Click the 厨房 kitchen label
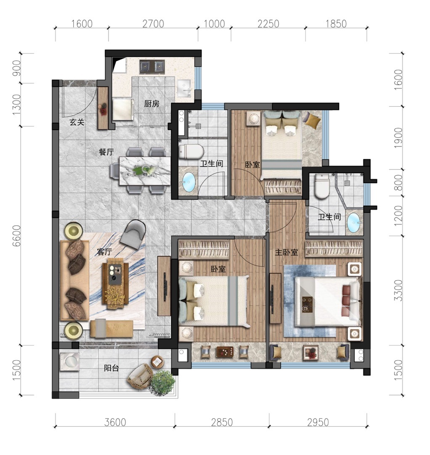tap(152, 104)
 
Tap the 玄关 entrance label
tap(77, 122)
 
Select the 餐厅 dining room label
tap(106, 152)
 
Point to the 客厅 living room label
tap(104, 252)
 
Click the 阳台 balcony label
tap(111, 368)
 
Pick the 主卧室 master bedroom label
tap(286, 252)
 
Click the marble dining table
tap(145, 171)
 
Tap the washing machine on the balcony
tap(69, 361)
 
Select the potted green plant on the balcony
tap(163, 383)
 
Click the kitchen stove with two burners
tap(152, 67)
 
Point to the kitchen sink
tap(184, 88)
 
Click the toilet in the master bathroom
tap(322, 186)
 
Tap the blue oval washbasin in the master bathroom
tap(353, 223)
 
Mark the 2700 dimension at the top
tap(153, 24)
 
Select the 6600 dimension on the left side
tap(17, 236)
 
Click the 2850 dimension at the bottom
tap(222, 422)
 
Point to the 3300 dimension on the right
tap(399, 290)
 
